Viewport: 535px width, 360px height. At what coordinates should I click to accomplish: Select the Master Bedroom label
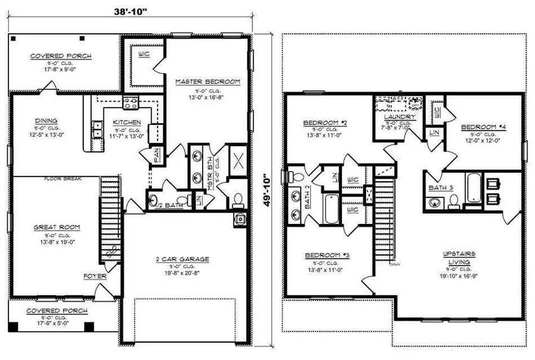(207, 81)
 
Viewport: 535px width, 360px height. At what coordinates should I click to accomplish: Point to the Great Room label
(56, 227)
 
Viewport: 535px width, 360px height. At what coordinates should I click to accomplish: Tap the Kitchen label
(127, 122)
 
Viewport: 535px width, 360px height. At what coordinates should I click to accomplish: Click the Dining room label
(46, 120)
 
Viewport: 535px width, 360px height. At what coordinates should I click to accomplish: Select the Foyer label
(95, 276)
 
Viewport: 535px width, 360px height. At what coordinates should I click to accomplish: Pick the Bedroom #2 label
(325, 123)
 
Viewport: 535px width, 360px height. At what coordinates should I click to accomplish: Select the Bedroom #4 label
(484, 127)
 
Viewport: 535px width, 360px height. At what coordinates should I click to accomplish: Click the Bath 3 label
(440, 188)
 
